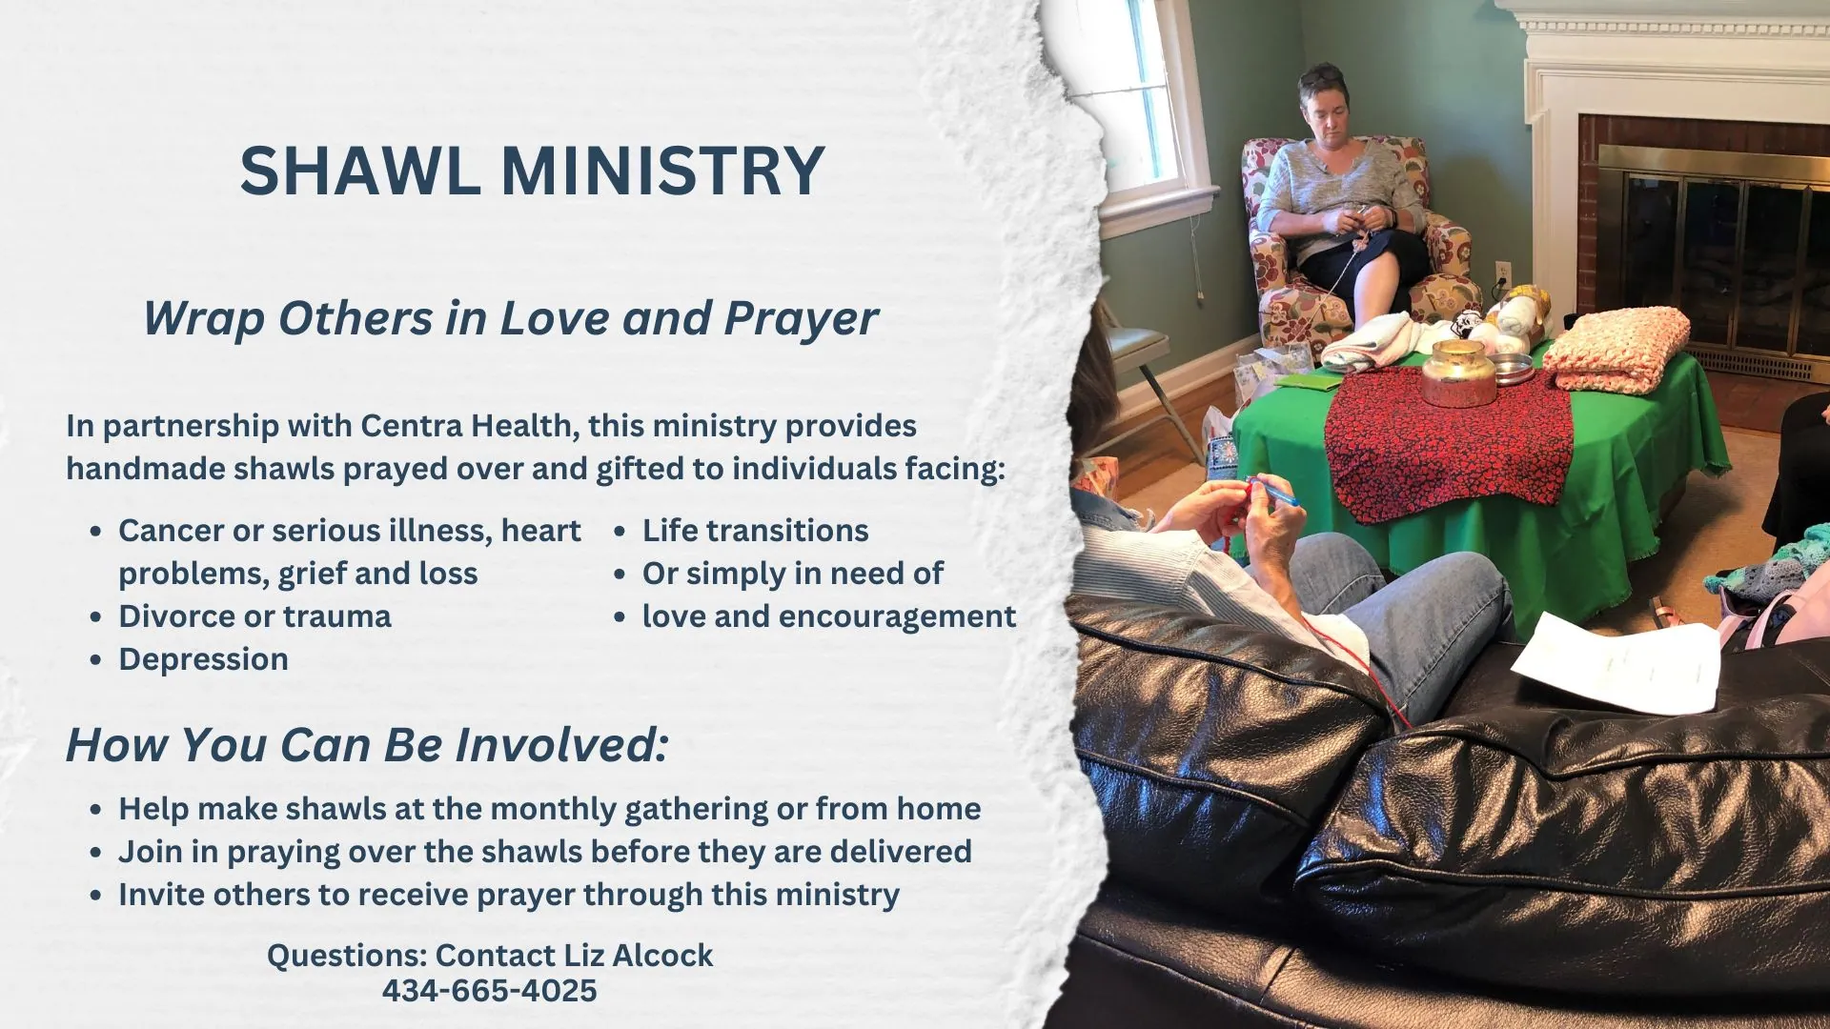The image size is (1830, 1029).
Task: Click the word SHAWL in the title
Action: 359,171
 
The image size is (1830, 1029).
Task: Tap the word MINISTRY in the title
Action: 662,171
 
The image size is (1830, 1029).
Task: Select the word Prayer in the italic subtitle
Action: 801,318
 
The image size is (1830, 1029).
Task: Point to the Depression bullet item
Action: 203,659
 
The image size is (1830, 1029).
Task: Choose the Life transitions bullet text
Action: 755,531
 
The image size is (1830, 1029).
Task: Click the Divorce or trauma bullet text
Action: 254,616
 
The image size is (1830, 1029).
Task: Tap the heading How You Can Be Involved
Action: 367,745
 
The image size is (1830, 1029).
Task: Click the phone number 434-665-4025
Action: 489,991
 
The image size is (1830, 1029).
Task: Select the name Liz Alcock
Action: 638,956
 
